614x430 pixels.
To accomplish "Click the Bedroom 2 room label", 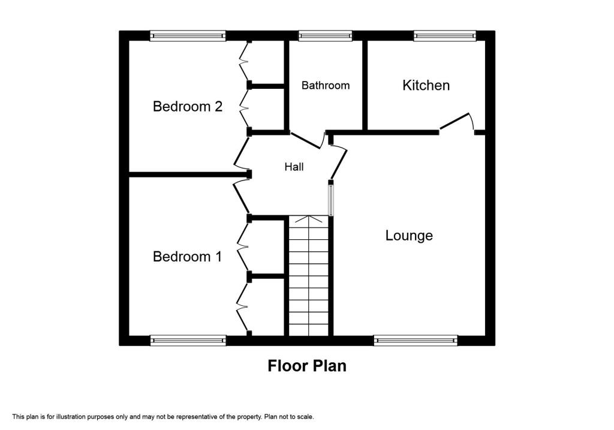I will [188, 107].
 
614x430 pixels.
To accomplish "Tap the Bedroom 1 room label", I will [188, 257].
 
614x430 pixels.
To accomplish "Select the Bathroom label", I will [326, 86].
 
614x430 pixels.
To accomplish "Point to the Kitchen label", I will [426, 85].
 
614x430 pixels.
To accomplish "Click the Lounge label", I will [409, 236].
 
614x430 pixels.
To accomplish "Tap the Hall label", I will [294, 167].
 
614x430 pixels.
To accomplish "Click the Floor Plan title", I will [307, 365].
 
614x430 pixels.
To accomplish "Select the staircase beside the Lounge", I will [309, 276].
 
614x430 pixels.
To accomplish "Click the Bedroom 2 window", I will [188, 36].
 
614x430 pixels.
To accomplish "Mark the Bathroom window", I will [326, 36].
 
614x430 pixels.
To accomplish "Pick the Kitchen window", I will [444, 36].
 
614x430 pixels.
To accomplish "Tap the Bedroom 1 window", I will [188, 341].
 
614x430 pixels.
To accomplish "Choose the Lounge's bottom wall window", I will [416, 341].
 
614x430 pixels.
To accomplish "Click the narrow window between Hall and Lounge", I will [330, 199].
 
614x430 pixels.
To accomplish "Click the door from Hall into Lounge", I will [339, 162].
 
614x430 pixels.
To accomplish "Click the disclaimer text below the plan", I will [163, 416].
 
